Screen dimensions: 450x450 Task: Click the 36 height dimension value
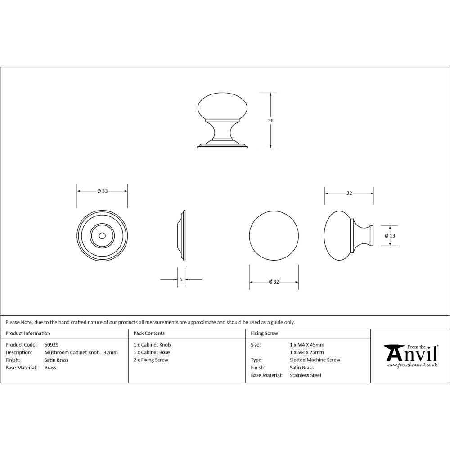point(270,121)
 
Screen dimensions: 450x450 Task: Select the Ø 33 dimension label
point(102,191)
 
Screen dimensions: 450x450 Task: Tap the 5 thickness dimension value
point(181,279)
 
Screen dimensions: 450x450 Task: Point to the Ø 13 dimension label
point(390,236)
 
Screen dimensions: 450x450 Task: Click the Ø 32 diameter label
point(274,282)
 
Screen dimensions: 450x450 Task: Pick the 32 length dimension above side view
point(349,193)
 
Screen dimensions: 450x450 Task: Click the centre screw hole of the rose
point(102,235)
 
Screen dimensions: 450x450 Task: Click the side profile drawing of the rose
point(182,235)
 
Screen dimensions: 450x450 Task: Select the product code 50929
point(52,345)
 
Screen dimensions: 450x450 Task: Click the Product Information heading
point(28,333)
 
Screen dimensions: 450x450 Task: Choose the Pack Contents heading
point(149,333)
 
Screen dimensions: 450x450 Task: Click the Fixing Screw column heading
point(265,333)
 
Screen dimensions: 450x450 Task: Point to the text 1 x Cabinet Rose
point(152,352)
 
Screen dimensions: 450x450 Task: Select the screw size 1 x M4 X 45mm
point(307,345)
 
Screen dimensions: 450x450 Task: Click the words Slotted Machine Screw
point(315,360)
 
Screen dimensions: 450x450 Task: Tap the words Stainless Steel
point(306,375)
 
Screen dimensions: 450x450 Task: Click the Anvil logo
point(410,353)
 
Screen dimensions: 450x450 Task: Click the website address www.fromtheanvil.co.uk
point(412,365)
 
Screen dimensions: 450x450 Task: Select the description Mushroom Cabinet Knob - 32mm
point(81,352)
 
